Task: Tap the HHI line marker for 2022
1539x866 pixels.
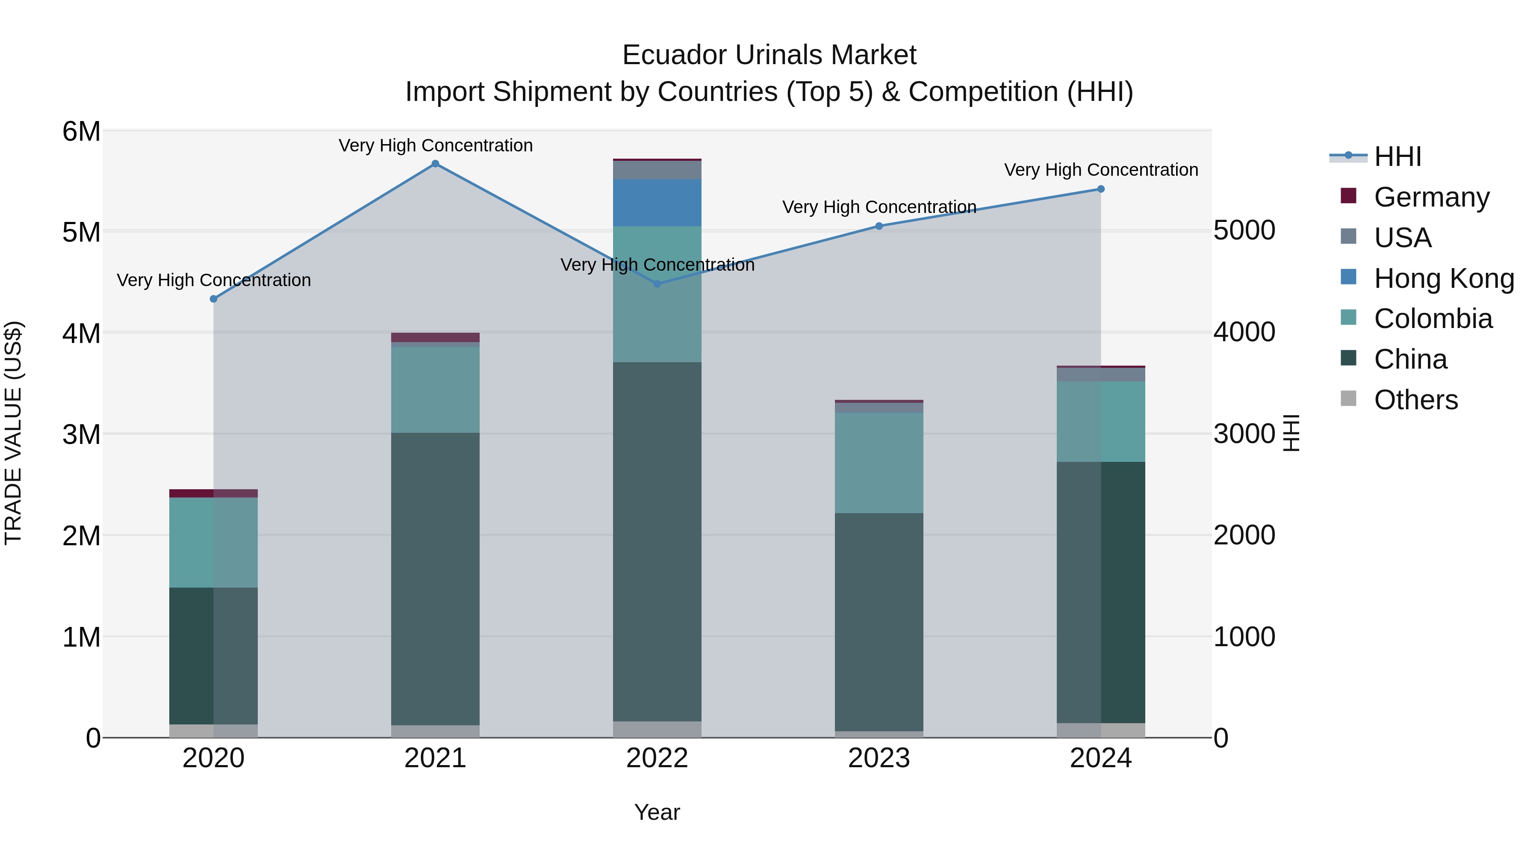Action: coord(657,284)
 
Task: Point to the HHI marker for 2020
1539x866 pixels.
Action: coord(213,299)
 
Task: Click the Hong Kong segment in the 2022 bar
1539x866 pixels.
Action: coord(657,203)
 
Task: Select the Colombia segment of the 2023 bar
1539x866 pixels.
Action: coord(879,463)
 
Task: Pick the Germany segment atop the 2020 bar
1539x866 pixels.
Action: coord(213,493)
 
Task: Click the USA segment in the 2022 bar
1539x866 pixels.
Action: coord(657,170)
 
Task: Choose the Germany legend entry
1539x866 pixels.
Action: coord(1431,197)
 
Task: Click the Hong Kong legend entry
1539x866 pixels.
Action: coord(1443,278)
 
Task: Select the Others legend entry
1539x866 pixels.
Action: coord(1415,400)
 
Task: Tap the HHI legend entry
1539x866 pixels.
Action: coord(1397,157)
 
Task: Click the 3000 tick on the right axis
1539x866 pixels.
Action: coord(1244,434)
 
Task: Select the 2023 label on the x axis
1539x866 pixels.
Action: coord(879,758)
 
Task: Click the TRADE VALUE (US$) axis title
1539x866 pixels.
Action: coord(14,433)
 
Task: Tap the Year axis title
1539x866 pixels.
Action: coord(657,812)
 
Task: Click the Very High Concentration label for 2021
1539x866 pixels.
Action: coord(436,145)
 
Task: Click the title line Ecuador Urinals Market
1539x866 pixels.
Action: coord(769,55)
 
